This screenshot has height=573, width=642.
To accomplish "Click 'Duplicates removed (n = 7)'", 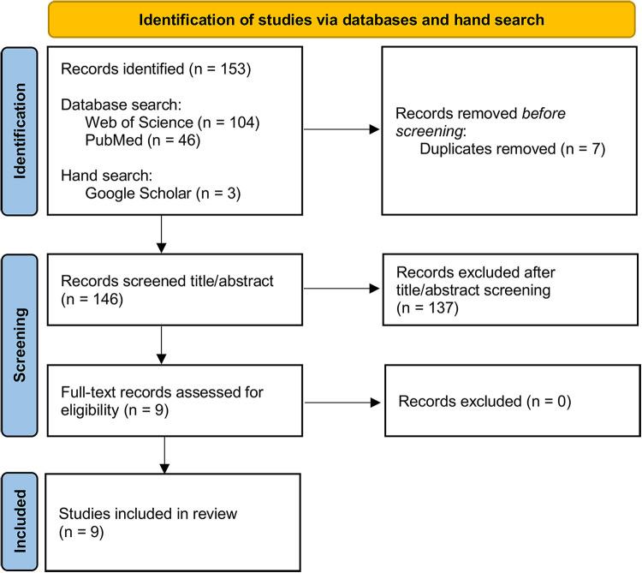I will pyautogui.click(x=513, y=149).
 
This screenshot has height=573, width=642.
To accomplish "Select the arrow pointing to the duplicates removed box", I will pyautogui.click(x=339, y=131).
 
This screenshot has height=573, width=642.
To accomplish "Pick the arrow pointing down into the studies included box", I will pyautogui.click(x=161, y=453).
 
